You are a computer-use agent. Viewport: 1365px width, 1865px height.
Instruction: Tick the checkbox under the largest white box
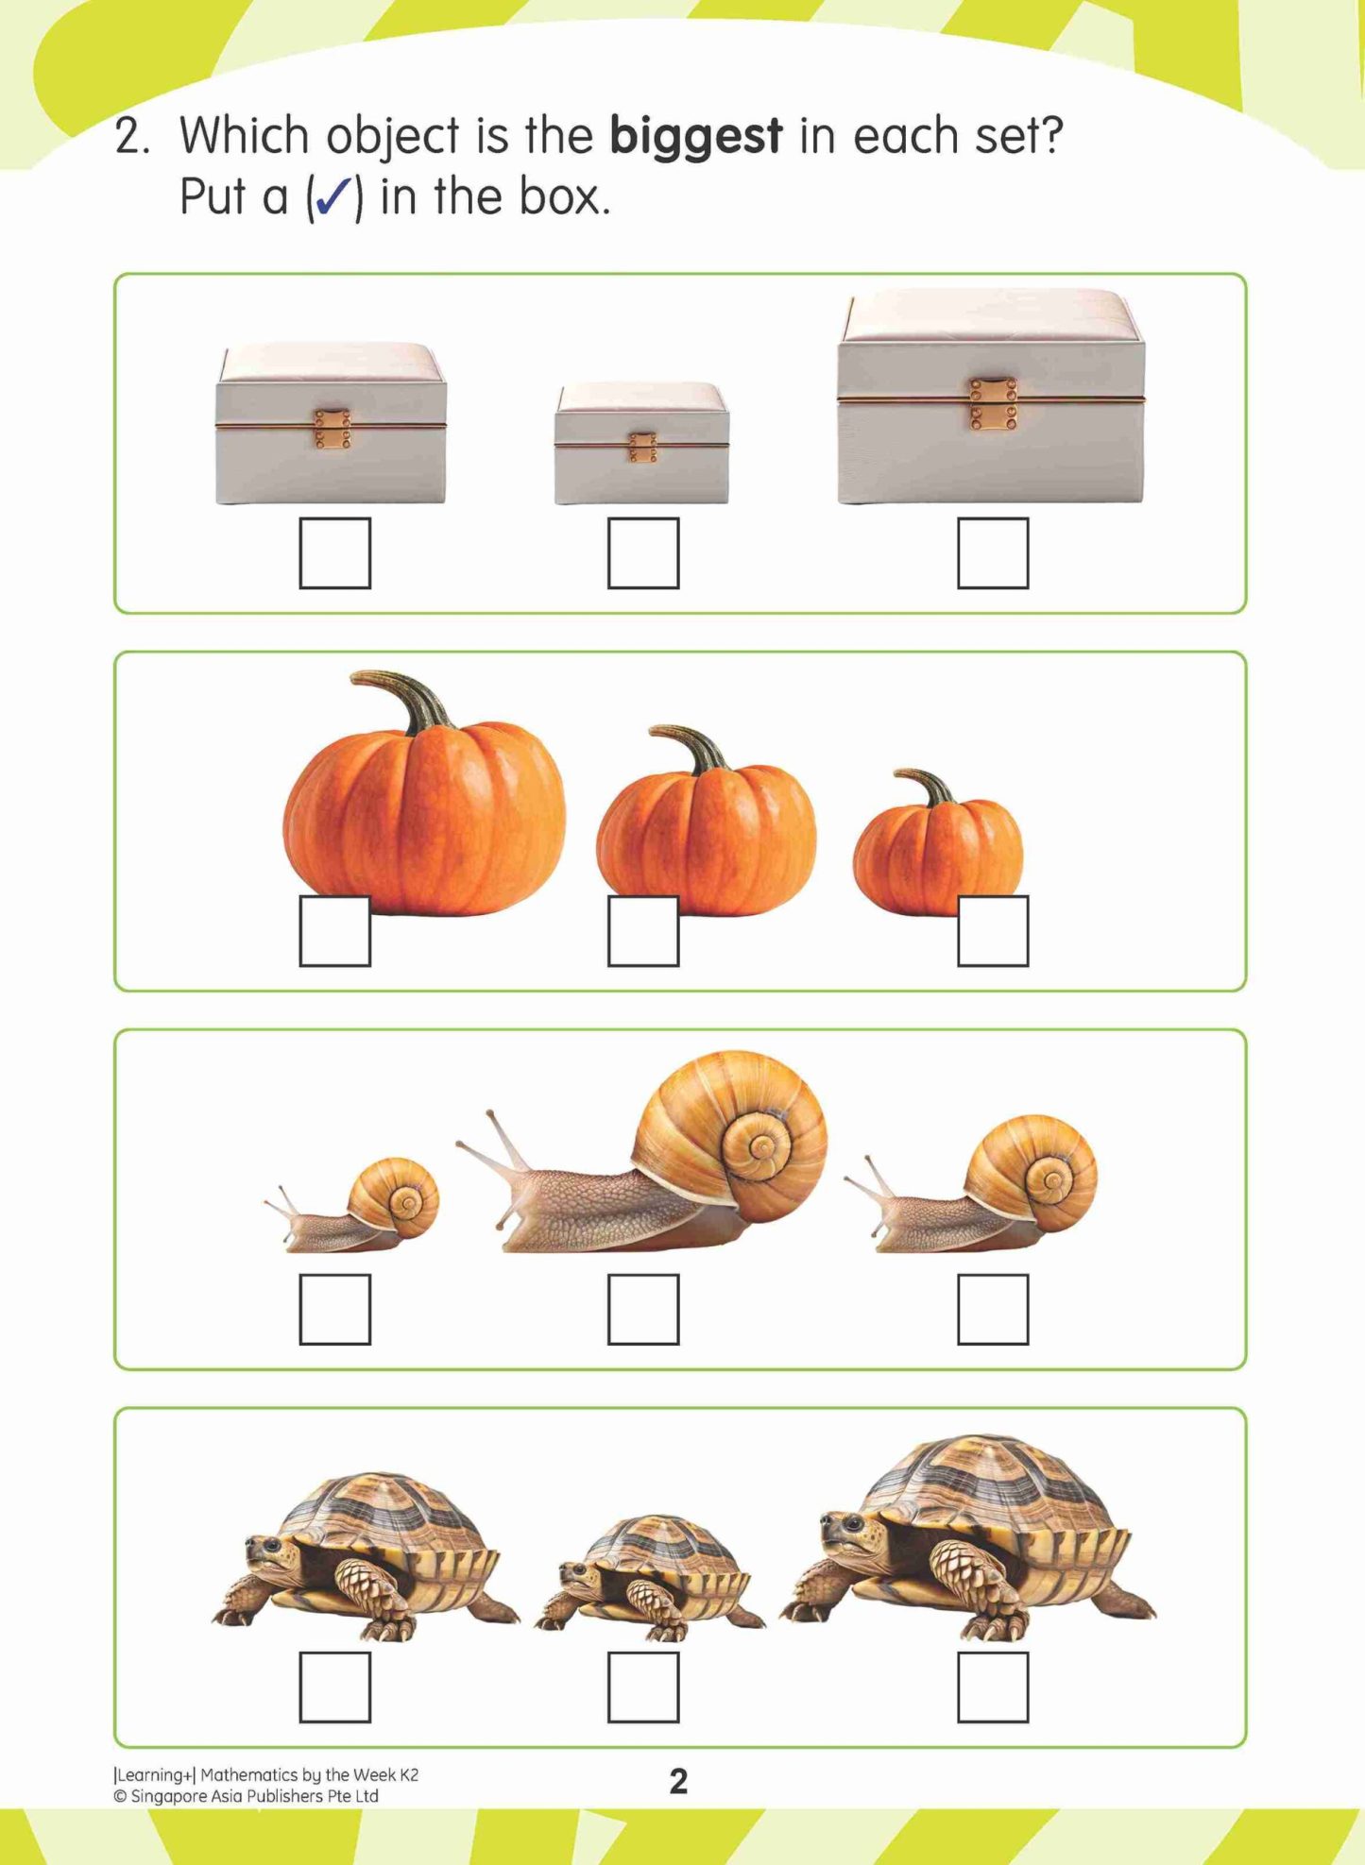tap(992, 553)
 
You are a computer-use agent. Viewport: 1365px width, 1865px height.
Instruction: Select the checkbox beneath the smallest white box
tap(642, 553)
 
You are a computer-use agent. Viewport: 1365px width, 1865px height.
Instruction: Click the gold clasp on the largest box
tap(993, 403)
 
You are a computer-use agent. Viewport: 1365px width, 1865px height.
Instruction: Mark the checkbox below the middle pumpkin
tap(642, 931)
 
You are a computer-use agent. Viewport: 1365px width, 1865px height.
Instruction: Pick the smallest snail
tap(359, 1209)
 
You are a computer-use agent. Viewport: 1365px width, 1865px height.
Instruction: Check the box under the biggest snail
tap(642, 1309)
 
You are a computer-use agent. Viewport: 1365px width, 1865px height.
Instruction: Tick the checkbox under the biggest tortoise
tap(992, 1687)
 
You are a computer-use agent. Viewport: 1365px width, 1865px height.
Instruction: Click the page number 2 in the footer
tap(678, 1781)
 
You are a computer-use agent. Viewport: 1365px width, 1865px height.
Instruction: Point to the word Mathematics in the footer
tap(249, 1775)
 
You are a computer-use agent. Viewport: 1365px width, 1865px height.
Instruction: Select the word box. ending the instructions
tap(563, 197)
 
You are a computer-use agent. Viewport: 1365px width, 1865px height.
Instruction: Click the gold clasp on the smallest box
tap(642, 447)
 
